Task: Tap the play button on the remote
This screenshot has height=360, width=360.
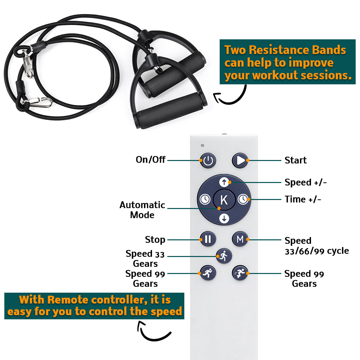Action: click(240, 161)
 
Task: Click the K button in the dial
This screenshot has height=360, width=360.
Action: click(224, 200)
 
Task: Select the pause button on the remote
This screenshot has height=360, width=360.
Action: click(208, 239)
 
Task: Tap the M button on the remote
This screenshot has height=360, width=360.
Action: click(240, 239)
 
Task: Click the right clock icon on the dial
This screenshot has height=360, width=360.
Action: click(243, 199)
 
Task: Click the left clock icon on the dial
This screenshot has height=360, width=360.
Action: click(205, 199)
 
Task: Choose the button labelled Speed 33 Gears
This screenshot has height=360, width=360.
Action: click(224, 256)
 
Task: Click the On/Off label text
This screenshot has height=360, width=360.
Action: click(150, 160)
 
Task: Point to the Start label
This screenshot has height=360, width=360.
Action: click(295, 160)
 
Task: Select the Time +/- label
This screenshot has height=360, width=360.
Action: click(303, 199)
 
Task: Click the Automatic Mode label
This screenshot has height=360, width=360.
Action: click(142, 210)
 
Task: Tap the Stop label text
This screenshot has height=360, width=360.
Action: click(155, 239)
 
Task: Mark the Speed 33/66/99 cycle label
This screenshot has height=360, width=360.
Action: click(316, 246)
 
